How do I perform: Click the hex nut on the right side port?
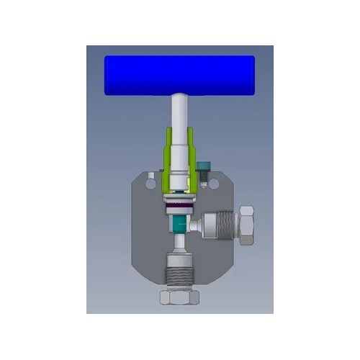pyautogui.click(x=245, y=222)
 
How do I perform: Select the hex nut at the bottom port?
pyautogui.click(x=179, y=297)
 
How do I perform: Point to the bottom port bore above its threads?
pyautogui.click(x=179, y=259)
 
